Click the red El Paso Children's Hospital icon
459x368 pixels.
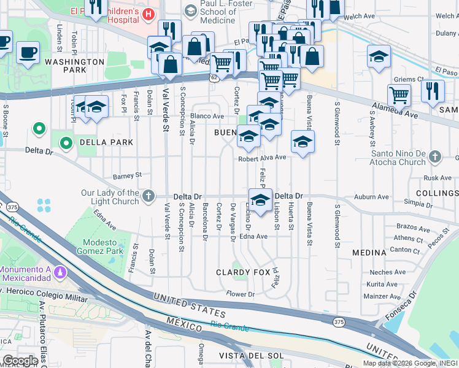point(148,13)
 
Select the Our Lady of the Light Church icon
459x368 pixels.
point(148,196)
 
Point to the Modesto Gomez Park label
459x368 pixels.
point(98,247)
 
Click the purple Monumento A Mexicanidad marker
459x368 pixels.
point(59,270)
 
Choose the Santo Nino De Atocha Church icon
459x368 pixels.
point(436,156)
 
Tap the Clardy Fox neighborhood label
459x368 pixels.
point(244,272)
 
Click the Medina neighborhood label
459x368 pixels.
point(369,253)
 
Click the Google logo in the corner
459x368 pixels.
point(20,361)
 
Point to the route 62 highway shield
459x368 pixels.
point(212,78)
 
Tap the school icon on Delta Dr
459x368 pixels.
point(260,201)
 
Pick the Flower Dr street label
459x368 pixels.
point(241,294)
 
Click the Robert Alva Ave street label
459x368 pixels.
point(263,158)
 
